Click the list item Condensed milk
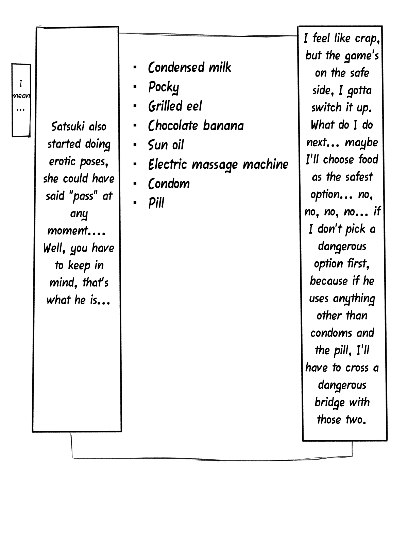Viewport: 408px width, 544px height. click(189, 67)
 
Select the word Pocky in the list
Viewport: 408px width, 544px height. click(164, 87)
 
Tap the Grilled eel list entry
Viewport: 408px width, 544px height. click(175, 106)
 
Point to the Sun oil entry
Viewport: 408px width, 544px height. click(166, 145)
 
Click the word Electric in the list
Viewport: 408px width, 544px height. click(168, 165)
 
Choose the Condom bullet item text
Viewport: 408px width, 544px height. click(169, 184)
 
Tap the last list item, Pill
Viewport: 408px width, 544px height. click(156, 203)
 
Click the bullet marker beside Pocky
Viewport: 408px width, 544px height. click(135, 87)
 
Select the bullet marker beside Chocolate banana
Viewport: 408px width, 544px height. click(135, 126)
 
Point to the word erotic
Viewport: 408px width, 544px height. click(62, 161)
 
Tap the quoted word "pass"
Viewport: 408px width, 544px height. click(84, 196)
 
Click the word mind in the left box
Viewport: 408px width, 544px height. click(62, 283)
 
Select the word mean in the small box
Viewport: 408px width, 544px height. click(21, 96)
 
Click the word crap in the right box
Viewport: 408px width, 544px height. click(367, 38)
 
